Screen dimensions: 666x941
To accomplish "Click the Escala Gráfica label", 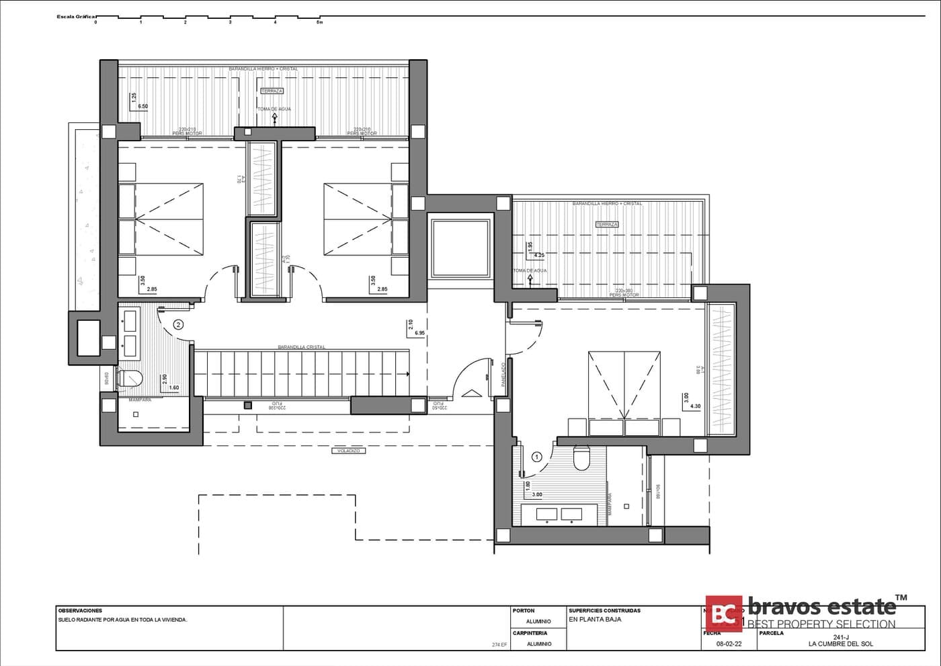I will (77, 15).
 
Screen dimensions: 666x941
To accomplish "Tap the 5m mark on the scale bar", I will (320, 22).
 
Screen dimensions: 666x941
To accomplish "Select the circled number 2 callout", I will (178, 324).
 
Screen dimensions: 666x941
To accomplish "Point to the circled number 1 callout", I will (536, 457).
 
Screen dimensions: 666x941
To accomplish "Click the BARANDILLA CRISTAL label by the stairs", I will (301, 347).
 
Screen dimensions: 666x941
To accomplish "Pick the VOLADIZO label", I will (349, 451).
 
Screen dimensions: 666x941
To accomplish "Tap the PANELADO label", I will (503, 375).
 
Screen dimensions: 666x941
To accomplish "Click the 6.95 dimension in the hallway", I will (420, 333).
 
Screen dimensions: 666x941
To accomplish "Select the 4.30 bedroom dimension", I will (696, 406).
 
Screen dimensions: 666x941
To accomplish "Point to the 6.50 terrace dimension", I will (142, 106).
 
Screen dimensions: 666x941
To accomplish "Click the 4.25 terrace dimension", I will (539, 256).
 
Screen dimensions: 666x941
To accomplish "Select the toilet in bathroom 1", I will (581, 459).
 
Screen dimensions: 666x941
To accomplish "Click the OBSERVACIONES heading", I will (80, 611).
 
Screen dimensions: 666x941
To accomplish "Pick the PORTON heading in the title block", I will (524, 611).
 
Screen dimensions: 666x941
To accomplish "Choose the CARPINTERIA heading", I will (530, 633).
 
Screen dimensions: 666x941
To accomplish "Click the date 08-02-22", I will (729, 644).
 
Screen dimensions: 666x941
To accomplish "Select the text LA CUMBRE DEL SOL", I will (841, 644).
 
